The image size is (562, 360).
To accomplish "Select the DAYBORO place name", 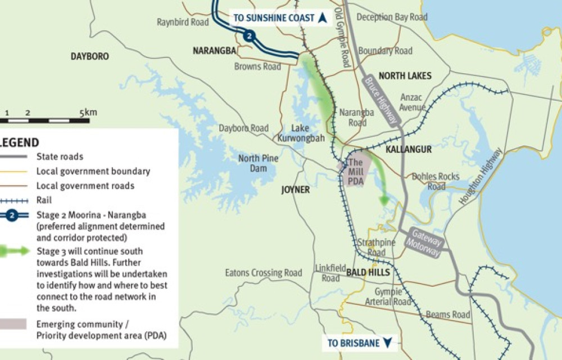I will click(x=90, y=56).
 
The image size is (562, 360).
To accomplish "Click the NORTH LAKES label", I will click(x=405, y=76).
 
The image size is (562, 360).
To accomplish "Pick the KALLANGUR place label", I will click(x=409, y=150).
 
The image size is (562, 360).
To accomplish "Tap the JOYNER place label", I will click(x=296, y=190).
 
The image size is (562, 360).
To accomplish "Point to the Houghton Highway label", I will click(x=481, y=176).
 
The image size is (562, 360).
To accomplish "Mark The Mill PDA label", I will click(x=355, y=171).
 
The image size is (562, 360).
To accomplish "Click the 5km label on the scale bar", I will click(x=88, y=112).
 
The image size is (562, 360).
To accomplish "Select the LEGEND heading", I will click(x=19, y=142).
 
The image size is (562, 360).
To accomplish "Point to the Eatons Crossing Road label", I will click(x=264, y=273).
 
